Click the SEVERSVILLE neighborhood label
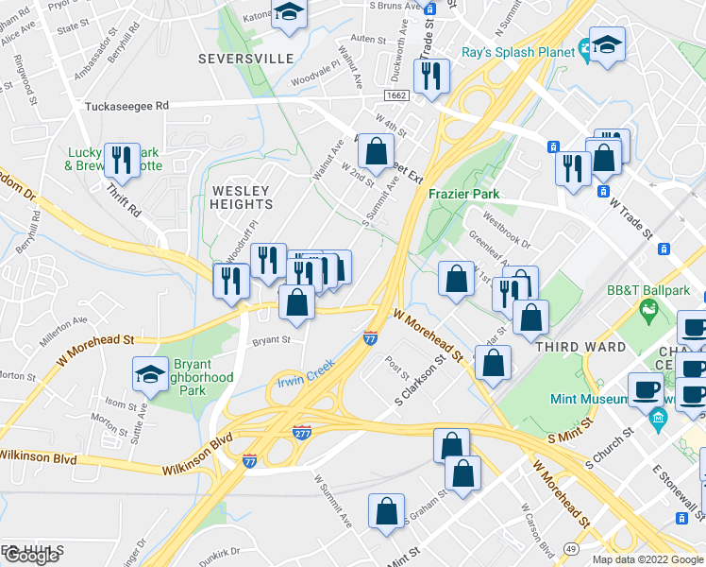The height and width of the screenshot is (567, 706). click(x=246, y=59)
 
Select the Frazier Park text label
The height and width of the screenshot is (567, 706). click(x=462, y=193)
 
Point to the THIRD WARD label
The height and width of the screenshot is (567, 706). click(x=580, y=347)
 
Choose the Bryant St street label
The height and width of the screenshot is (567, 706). click(x=270, y=338)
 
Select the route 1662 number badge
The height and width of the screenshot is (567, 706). click(x=396, y=95)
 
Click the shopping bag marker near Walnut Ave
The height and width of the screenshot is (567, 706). click(x=376, y=150)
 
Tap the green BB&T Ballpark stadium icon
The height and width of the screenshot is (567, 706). click(x=648, y=308)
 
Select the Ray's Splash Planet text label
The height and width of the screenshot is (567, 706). click(x=518, y=52)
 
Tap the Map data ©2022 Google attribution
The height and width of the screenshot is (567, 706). click(x=648, y=559)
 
